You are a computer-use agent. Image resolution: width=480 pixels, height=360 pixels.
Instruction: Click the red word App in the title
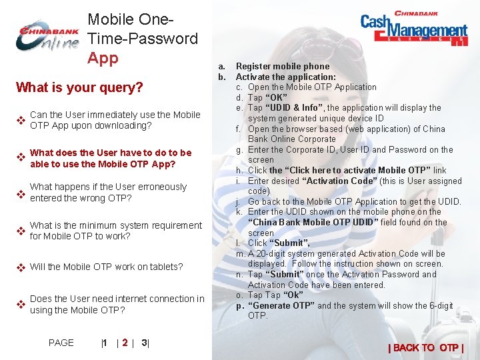[103, 58]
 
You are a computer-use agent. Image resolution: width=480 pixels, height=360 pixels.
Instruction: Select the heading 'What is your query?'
[79, 87]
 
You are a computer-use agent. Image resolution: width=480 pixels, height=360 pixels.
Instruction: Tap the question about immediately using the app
[115, 120]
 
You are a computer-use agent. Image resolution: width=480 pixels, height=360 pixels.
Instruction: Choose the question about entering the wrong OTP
[108, 192]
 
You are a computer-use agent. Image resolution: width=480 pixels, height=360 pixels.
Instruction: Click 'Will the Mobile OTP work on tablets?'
[106, 267]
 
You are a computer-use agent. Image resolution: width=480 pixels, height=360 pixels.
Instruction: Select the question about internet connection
[117, 304]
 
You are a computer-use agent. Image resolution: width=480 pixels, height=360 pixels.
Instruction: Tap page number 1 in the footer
[104, 343]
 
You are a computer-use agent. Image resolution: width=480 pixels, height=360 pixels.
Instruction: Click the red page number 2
[125, 343]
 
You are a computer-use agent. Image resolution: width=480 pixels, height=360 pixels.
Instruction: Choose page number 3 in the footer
[144, 343]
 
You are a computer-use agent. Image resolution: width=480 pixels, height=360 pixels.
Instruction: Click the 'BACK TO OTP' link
[425, 347]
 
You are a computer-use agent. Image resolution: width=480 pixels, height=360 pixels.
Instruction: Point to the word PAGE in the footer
[61, 343]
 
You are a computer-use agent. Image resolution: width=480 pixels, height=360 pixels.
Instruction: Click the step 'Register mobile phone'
[283, 66]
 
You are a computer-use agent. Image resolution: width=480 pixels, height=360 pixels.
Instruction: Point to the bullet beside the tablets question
[21, 267]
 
